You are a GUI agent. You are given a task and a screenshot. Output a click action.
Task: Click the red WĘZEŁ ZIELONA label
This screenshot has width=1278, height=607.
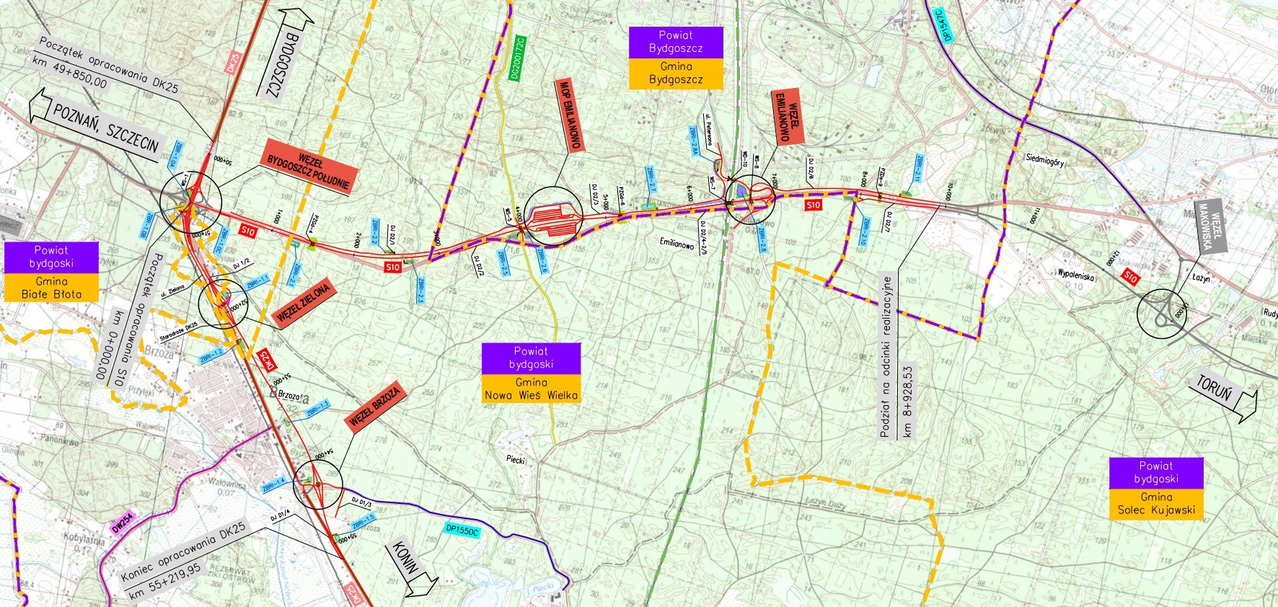coord(303,303)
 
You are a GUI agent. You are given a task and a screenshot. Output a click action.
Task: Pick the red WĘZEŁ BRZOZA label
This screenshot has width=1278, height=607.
coord(374,409)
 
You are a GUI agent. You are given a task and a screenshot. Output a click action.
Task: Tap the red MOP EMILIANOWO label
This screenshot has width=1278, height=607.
coord(570,114)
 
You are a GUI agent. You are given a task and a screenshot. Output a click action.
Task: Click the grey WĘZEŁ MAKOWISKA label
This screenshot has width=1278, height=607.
coord(1210,226)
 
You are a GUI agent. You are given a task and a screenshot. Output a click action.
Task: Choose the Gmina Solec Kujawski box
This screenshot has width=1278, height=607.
coord(1156,503)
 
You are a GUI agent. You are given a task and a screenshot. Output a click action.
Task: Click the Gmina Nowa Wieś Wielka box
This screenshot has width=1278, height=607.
coord(531,389)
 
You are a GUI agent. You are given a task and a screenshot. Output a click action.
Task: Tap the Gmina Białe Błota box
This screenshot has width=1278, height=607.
coord(51,288)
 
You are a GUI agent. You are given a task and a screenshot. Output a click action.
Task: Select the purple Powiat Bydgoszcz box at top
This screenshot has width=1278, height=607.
coord(676,42)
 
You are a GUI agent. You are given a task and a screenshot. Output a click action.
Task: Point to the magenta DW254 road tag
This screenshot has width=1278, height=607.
coord(123,523)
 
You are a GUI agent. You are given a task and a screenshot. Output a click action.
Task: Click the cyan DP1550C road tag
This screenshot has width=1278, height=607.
coord(462,531)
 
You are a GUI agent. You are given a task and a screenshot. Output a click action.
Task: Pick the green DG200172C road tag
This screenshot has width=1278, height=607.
coord(517,58)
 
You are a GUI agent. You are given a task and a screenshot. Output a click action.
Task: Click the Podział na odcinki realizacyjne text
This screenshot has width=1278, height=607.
coord(887,356)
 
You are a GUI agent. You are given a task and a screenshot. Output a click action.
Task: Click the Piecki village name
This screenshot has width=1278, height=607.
coord(516,460)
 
